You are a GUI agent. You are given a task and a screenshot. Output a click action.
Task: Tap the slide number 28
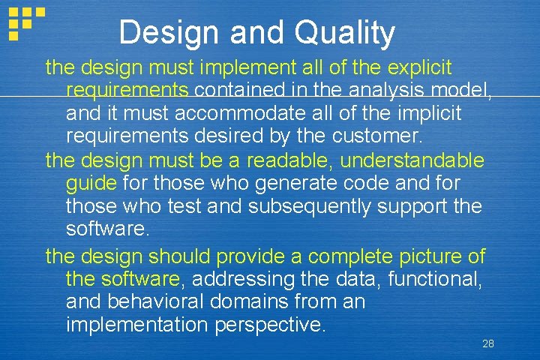[488, 343]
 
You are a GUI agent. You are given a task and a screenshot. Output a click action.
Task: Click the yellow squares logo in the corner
[25, 22]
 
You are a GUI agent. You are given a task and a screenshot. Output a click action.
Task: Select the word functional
[440, 279]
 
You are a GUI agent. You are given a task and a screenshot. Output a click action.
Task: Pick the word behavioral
[158, 302]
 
